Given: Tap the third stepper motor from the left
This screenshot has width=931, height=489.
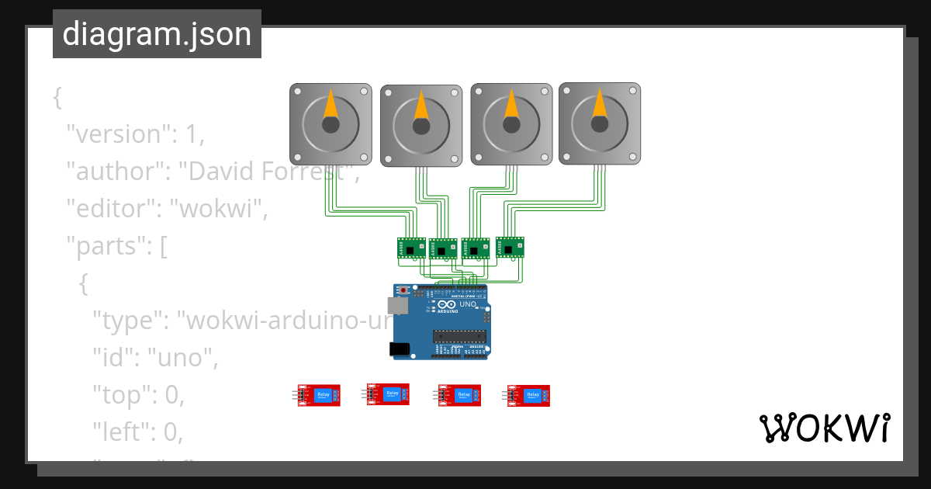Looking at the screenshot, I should tap(511, 124).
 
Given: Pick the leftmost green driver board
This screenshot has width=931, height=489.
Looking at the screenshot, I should tap(412, 248).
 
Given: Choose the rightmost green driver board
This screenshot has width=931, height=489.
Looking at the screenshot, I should tap(510, 247).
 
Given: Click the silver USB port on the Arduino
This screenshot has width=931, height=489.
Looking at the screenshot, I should tap(397, 306).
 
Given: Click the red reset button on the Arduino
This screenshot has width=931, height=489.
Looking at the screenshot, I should tap(404, 290).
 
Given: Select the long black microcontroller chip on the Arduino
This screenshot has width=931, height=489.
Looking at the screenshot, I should tap(459, 336).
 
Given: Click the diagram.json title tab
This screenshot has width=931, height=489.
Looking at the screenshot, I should tap(157, 34).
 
